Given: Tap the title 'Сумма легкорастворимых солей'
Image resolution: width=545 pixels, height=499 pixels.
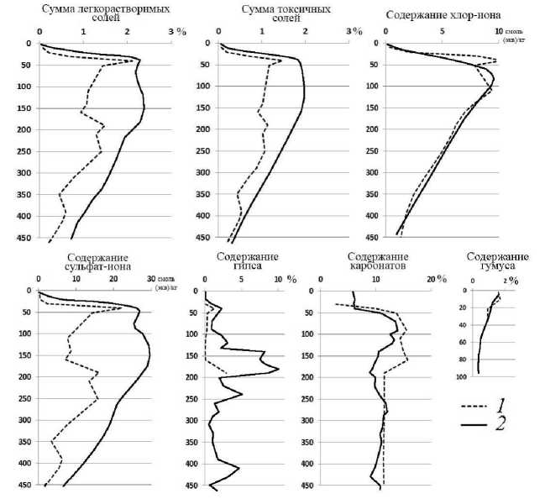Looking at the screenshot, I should (104, 14).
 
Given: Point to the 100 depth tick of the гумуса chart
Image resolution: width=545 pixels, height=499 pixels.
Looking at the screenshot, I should (461, 377).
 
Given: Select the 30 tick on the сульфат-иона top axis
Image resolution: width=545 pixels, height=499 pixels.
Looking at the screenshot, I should (150, 279).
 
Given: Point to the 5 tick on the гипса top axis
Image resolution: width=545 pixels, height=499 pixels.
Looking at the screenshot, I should (242, 279).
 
